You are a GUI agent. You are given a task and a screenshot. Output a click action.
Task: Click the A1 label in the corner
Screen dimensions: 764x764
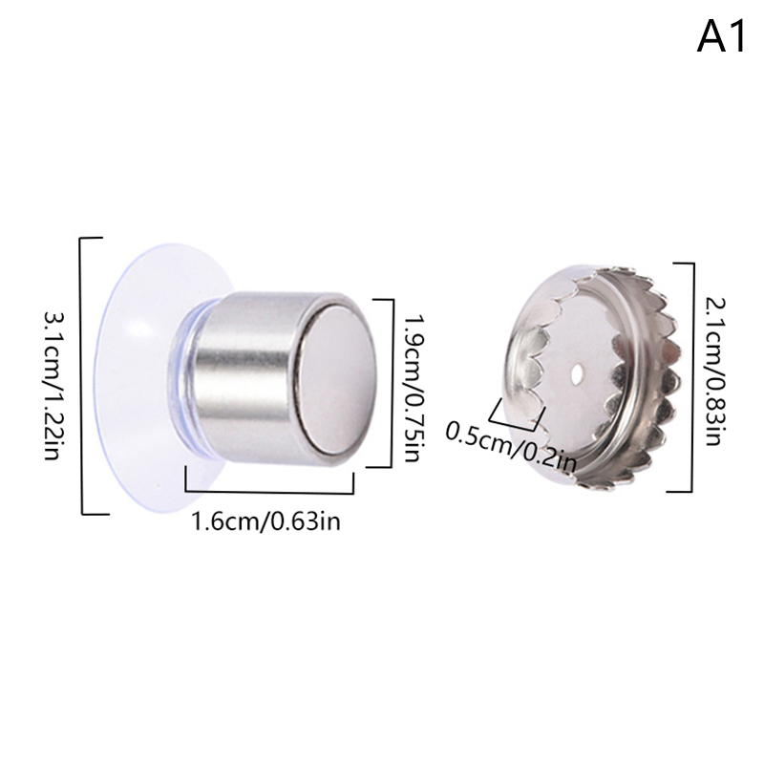721,37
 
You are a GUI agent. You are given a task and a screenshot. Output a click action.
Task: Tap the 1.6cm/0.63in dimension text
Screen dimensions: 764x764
266,521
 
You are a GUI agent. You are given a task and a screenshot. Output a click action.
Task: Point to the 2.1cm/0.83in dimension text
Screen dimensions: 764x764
713,371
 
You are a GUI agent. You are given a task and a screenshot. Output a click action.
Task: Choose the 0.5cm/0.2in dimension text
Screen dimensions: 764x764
512,447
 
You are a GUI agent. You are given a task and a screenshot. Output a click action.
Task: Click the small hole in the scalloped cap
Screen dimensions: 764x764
577,375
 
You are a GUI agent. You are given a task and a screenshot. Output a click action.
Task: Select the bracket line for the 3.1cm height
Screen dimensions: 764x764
82,375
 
